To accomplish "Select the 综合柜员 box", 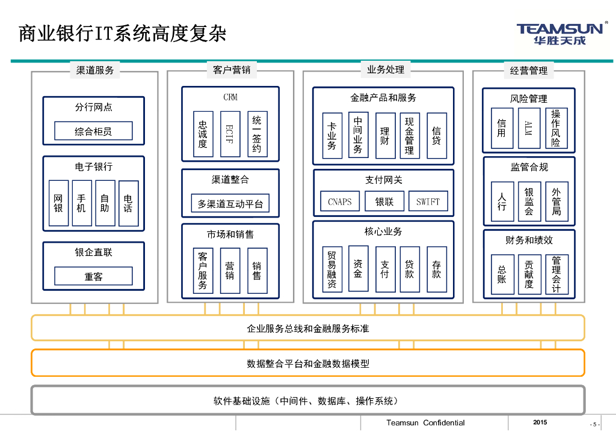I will pyautogui.click(x=93, y=131).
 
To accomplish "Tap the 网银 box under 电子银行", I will pyautogui.click(x=58, y=203).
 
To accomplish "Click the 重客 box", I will pyautogui.click(x=93, y=276).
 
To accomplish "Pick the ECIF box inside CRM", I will pyautogui.click(x=230, y=134).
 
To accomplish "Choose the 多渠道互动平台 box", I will pyautogui.click(x=230, y=204).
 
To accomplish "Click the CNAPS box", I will pyautogui.click(x=340, y=201).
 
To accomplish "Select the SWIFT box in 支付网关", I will pyautogui.click(x=428, y=201).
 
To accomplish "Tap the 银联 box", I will pyautogui.click(x=384, y=201).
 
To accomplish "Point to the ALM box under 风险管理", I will pyautogui.click(x=529, y=128).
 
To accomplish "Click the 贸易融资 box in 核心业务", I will pyautogui.click(x=331, y=269).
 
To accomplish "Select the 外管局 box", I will pyautogui.click(x=556, y=201).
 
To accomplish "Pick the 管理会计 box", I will pyautogui.click(x=556, y=275).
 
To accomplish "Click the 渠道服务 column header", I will pyautogui.click(x=95, y=70).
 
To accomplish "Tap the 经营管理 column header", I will pyautogui.click(x=529, y=70).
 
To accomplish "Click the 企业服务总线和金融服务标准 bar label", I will pyautogui.click(x=308, y=329).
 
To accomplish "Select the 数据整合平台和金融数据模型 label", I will pyautogui.click(x=308, y=364).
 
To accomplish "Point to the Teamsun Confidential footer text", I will pyautogui.click(x=425, y=422).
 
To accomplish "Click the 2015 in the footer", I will pyautogui.click(x=540, y=422).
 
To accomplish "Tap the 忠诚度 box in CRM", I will pyautogui.click(x=203, y=134).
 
